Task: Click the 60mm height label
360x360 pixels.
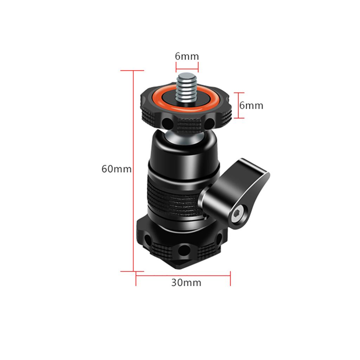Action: (x=116, y=169)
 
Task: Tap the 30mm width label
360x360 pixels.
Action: (x=186, y=283)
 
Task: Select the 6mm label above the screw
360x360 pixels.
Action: (x=187, y=56)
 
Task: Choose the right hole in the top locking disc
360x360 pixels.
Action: (x=210, y=123)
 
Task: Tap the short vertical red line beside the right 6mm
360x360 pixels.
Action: (x=239, y=105)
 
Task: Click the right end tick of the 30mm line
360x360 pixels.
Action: (x=230, y=278)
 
